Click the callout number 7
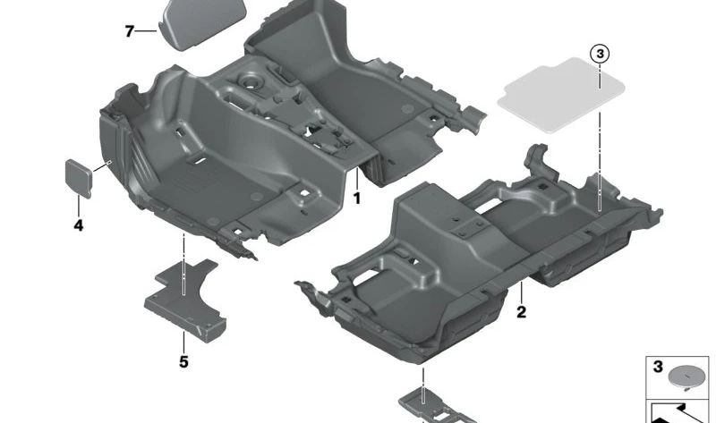pyautogui.click(x=129, y=31)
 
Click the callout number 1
pyautogui.click(x=356, y=198)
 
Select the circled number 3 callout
pyautogui.click(x=601, y=55)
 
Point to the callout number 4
pyautogui.click(x=79, y=225)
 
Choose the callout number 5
pyautogui.click(x=183, y=362)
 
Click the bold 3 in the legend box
pyautogui.click(x=658, y=368)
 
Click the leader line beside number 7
pyautogui.click(x=148, y=31)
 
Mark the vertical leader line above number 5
pyautogui.click(x=183, y=340)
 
